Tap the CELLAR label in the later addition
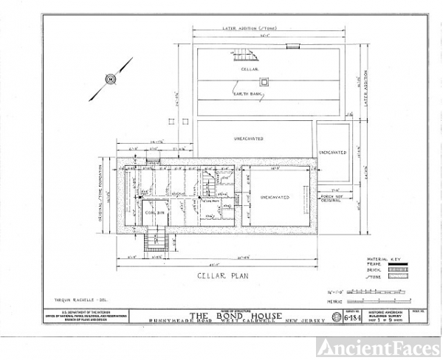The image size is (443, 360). click(x=249, y=69)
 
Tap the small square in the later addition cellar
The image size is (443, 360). click(x=264, y=82)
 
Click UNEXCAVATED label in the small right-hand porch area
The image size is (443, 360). click(x=332, y=152)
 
